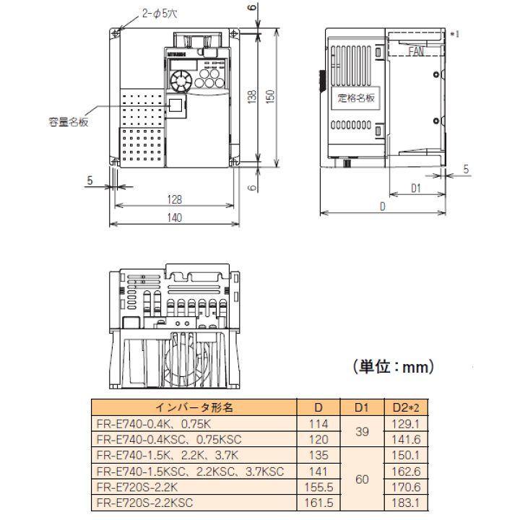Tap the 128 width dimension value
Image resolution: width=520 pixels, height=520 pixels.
point(174,200)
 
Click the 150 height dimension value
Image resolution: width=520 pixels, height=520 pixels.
point(270,97)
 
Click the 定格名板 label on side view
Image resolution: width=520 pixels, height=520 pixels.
point(356,98)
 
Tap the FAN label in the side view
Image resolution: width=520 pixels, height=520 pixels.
point(416,52)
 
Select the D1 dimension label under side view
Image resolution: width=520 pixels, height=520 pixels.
point(416,189)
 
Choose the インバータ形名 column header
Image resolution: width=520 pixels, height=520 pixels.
point(196,407)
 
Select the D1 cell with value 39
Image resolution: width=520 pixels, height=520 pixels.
point(363,431)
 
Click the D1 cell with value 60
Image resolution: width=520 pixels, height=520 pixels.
point(363,480)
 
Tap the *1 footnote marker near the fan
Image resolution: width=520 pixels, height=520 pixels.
point(455,34)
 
